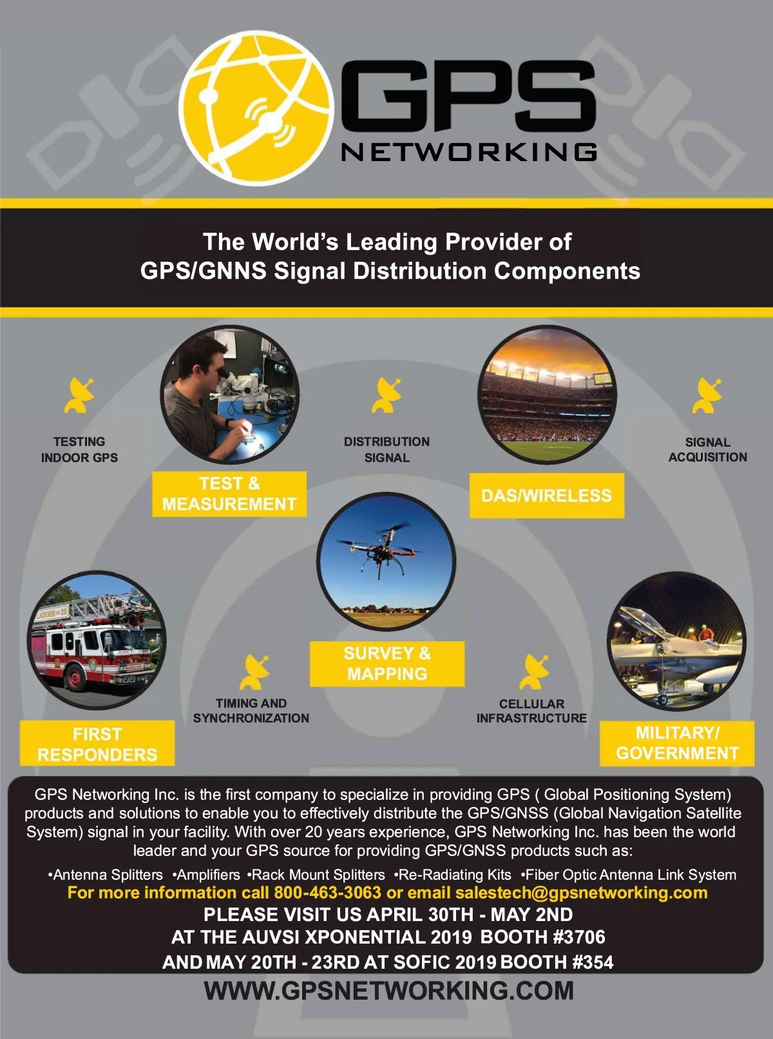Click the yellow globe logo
coord(256,108)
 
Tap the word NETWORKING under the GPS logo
coord(469,151)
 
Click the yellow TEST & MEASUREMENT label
coord(229,494)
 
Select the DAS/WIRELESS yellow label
coord(547,495)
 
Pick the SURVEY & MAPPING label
coord(387,663)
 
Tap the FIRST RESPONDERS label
coord(97,743)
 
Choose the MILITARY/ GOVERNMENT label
coord(677,743)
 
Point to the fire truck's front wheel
coord(74,678)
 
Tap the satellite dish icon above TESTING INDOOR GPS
coord(79,395)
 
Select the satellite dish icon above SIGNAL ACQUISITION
coord(707,395)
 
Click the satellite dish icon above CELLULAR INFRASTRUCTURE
coord(534,672)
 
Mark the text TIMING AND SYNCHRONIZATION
coord(251,710)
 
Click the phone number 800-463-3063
coord(327,893)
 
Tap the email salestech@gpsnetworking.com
coord(581,893)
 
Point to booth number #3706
coord(579,937)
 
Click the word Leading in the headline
coord(392,242)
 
